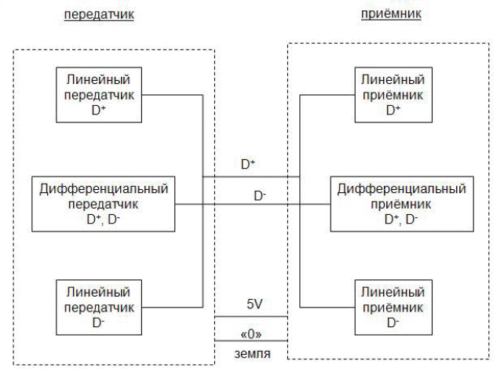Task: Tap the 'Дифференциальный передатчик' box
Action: pos(101,203)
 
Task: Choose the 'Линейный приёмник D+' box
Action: pos(393,94)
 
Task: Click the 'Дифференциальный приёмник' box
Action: pos(401,203)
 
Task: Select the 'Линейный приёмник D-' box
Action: pos(393,306)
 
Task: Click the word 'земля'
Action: pos(253,355)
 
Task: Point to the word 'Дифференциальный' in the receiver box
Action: pos(402,189)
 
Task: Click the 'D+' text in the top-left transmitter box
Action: pos(99,110)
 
